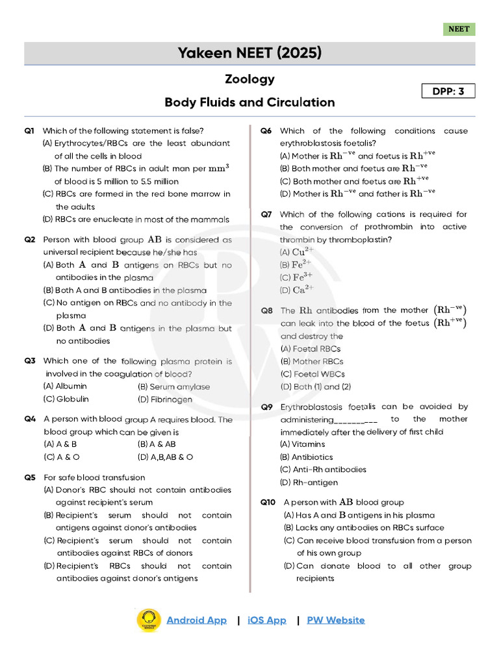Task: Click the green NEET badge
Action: pyautogui.click(x=459, y=29)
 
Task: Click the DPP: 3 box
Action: pyautogui.click(x=448, y=91)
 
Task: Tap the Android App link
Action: pyautogui.click(x=196, y=620)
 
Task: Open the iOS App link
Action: pyautogui.click(x=266, y=620)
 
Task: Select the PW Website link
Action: pyautogui.click(x=335, y=620)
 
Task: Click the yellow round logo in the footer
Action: pyautogui.click(x=149, y=620)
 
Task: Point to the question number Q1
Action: pyautogui.click(x=29, y=131)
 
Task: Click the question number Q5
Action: pyautogui.click(x=29, y=477)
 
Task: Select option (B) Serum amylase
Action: pyautogui.click(x=173, y=386)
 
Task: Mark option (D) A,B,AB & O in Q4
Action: pyautogui.click(x=165, y=457)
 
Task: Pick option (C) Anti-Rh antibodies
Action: pyautogui.click(x=323, y=470)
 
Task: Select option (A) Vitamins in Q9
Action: pyautogui.click(x=302, y=444)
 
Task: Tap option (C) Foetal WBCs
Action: pyautogui.click(x=313, y=374)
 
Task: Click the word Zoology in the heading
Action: pyautogui.click(x=249, y=79)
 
